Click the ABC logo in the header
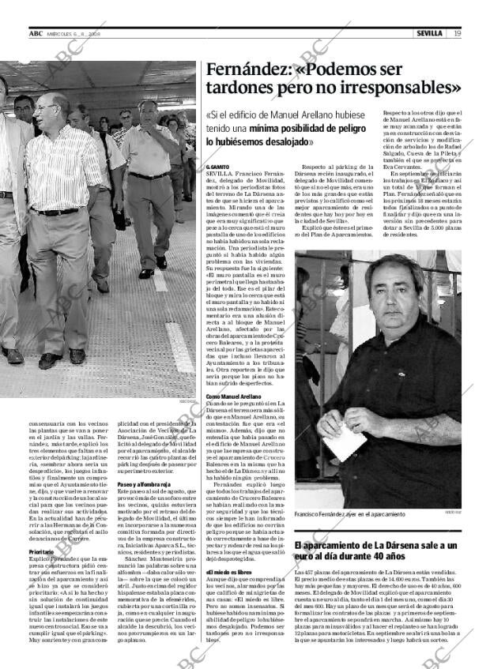tap(36, 33)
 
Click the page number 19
tap(458, 33)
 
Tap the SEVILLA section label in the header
tap(429, 33)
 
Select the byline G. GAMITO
tap(218, 167)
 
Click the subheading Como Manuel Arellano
tap(233, 396)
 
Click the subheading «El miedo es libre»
tap(228, 572)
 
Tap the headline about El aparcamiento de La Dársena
tap(375, 551)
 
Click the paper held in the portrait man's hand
tap(345, 442)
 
